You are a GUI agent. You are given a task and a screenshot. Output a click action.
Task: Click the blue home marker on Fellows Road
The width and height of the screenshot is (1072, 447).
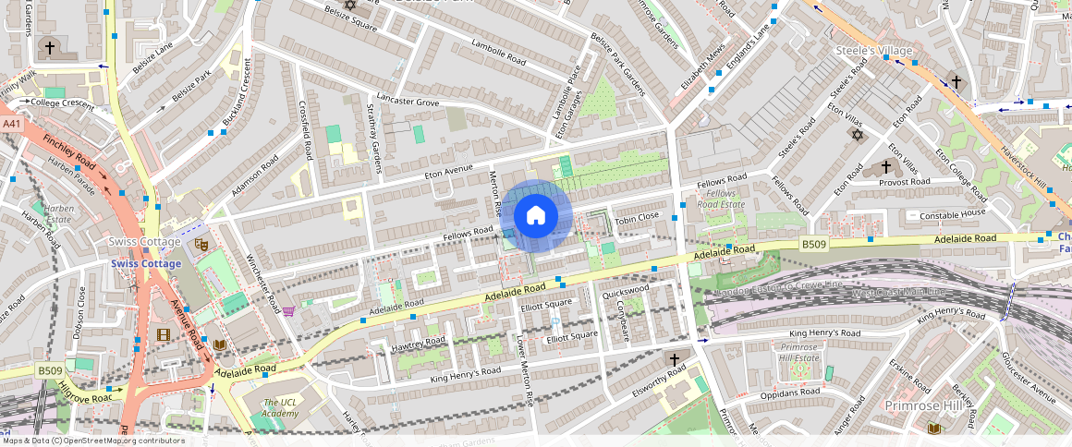pyautogui.click(x=535, y=216)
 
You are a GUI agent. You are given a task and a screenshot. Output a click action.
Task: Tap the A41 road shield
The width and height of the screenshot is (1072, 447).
pyautogui.click(x=11, y=124)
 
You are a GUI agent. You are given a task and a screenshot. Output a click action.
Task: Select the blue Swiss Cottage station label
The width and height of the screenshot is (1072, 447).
pyautogui.click(x=146, y=263)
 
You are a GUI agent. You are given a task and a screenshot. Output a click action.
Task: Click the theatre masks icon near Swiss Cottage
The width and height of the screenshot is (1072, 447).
pyautogui.click(x=201, y=245)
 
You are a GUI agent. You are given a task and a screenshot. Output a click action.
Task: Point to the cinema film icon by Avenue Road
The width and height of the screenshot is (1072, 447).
pyautogui.click(x=164, y=334)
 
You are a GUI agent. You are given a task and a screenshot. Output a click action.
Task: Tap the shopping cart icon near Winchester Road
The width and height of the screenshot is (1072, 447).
pyautogui.click(x=287, y=311)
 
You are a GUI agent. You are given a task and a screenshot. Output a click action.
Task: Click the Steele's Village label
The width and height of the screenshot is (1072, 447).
pyautogui.click(x=872, y=50)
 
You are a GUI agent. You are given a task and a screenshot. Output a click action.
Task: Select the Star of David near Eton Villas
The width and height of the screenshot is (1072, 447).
pyautogui.click(x=857, y=135)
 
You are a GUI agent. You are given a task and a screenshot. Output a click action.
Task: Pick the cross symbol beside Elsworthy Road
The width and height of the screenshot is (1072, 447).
pyautogui.click(x=674, y=359)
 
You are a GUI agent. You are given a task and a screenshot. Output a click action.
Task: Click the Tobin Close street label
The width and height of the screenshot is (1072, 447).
pyautogui.click(x=637, y=218)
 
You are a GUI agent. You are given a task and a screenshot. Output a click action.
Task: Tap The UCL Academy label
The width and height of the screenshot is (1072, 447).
pyautogui.click(x=280, y=408)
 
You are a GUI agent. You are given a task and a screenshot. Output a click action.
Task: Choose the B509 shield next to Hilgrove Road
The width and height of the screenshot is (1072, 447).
pyautogui.click(x=50, y=370)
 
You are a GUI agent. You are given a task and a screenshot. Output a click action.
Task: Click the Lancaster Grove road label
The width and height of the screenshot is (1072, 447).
pyautogui.click(x=408, y=101)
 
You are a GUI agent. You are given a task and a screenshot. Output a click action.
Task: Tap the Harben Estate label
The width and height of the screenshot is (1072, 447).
pyautogui.click(x=59, y=214)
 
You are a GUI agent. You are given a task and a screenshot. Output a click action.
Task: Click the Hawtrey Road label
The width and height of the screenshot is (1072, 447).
pyautogui.click(x=419, y=343)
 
